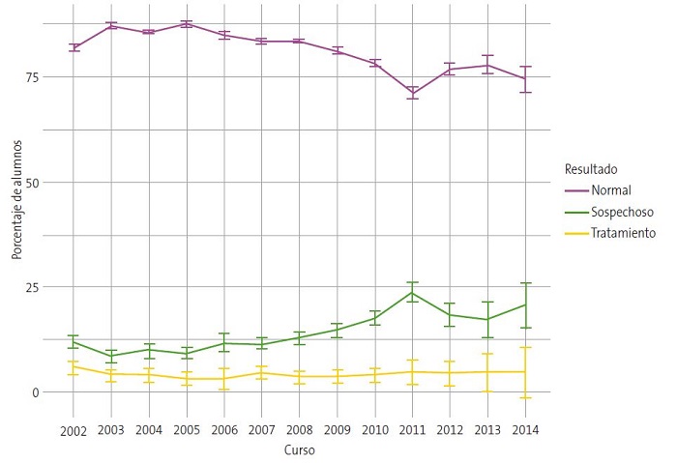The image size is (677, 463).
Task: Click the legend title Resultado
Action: click(x=591, y=169)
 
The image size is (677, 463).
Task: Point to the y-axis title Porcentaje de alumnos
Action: click(x=16, y=198)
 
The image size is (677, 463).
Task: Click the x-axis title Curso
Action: click(x=299, y=450)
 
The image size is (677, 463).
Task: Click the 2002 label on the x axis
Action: click(x=74, y=429)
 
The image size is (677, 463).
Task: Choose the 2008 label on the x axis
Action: click(x=299, y=429)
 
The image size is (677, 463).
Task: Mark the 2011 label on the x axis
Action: click(x=412, y=429)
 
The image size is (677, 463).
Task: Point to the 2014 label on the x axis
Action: click(x=525, y=429)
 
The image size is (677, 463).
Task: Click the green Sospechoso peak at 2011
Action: click(x=413, y=293)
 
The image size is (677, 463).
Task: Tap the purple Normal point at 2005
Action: click(x=187, y=23)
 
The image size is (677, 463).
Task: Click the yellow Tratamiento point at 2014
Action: click(x=525, y=372)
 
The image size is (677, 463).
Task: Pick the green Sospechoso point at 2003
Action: click(x=111, y=356)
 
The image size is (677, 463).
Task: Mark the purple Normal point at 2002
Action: click(x=74, y=47)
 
